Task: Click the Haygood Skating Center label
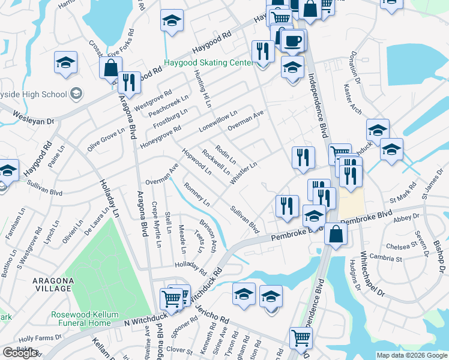coord(209,63)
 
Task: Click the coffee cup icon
coord(293,41)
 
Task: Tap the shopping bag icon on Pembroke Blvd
coord(336,233)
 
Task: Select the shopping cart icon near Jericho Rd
coord(172,298)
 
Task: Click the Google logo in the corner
coord(20,353)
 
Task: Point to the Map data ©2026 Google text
coord(411,355)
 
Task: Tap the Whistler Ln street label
coord(244,172)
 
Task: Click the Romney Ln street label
coord(196,194)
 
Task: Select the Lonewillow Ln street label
coord(218,121)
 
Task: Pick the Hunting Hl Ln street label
coord(203,89)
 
